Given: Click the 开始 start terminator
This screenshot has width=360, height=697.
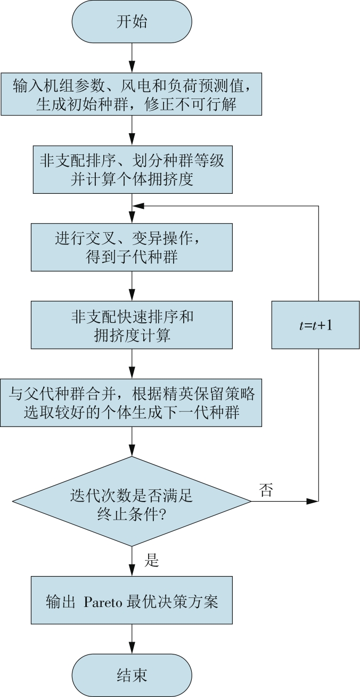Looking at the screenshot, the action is click(132, 22).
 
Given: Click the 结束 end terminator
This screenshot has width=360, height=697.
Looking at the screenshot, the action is click(132, 675).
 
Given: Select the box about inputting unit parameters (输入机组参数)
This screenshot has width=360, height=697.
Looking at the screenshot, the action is click(131, 94).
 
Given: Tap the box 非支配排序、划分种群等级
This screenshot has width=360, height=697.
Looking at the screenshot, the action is click(133, 169).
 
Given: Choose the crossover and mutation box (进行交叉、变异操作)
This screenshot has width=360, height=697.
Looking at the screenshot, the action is click(132, 248).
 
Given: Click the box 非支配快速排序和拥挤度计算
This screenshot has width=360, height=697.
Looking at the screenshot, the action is click(132, 325).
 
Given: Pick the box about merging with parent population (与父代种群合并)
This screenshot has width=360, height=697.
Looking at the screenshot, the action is click(131, 403).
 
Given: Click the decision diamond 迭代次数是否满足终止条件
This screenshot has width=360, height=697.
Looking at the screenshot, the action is click(132, 501).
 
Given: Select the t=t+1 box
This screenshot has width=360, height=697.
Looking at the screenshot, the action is click(315, 325).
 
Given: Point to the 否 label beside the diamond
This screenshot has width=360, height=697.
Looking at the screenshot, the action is click(266, 490).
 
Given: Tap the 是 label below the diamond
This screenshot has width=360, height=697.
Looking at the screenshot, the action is click(152, 560).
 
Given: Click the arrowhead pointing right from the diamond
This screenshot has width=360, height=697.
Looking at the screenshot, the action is click(313, 501).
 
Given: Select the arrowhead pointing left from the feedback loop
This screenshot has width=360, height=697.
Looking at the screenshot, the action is click(138, 206).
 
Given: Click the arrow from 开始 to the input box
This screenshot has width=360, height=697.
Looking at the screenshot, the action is click(132, 58).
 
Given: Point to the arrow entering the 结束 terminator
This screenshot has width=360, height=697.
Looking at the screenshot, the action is click(132, 639).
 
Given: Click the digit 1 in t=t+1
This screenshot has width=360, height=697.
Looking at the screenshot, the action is click(329, 325).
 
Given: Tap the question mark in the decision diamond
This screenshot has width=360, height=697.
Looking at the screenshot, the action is click(162, 515).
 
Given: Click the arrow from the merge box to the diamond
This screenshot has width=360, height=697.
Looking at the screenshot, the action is click(132, 441).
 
